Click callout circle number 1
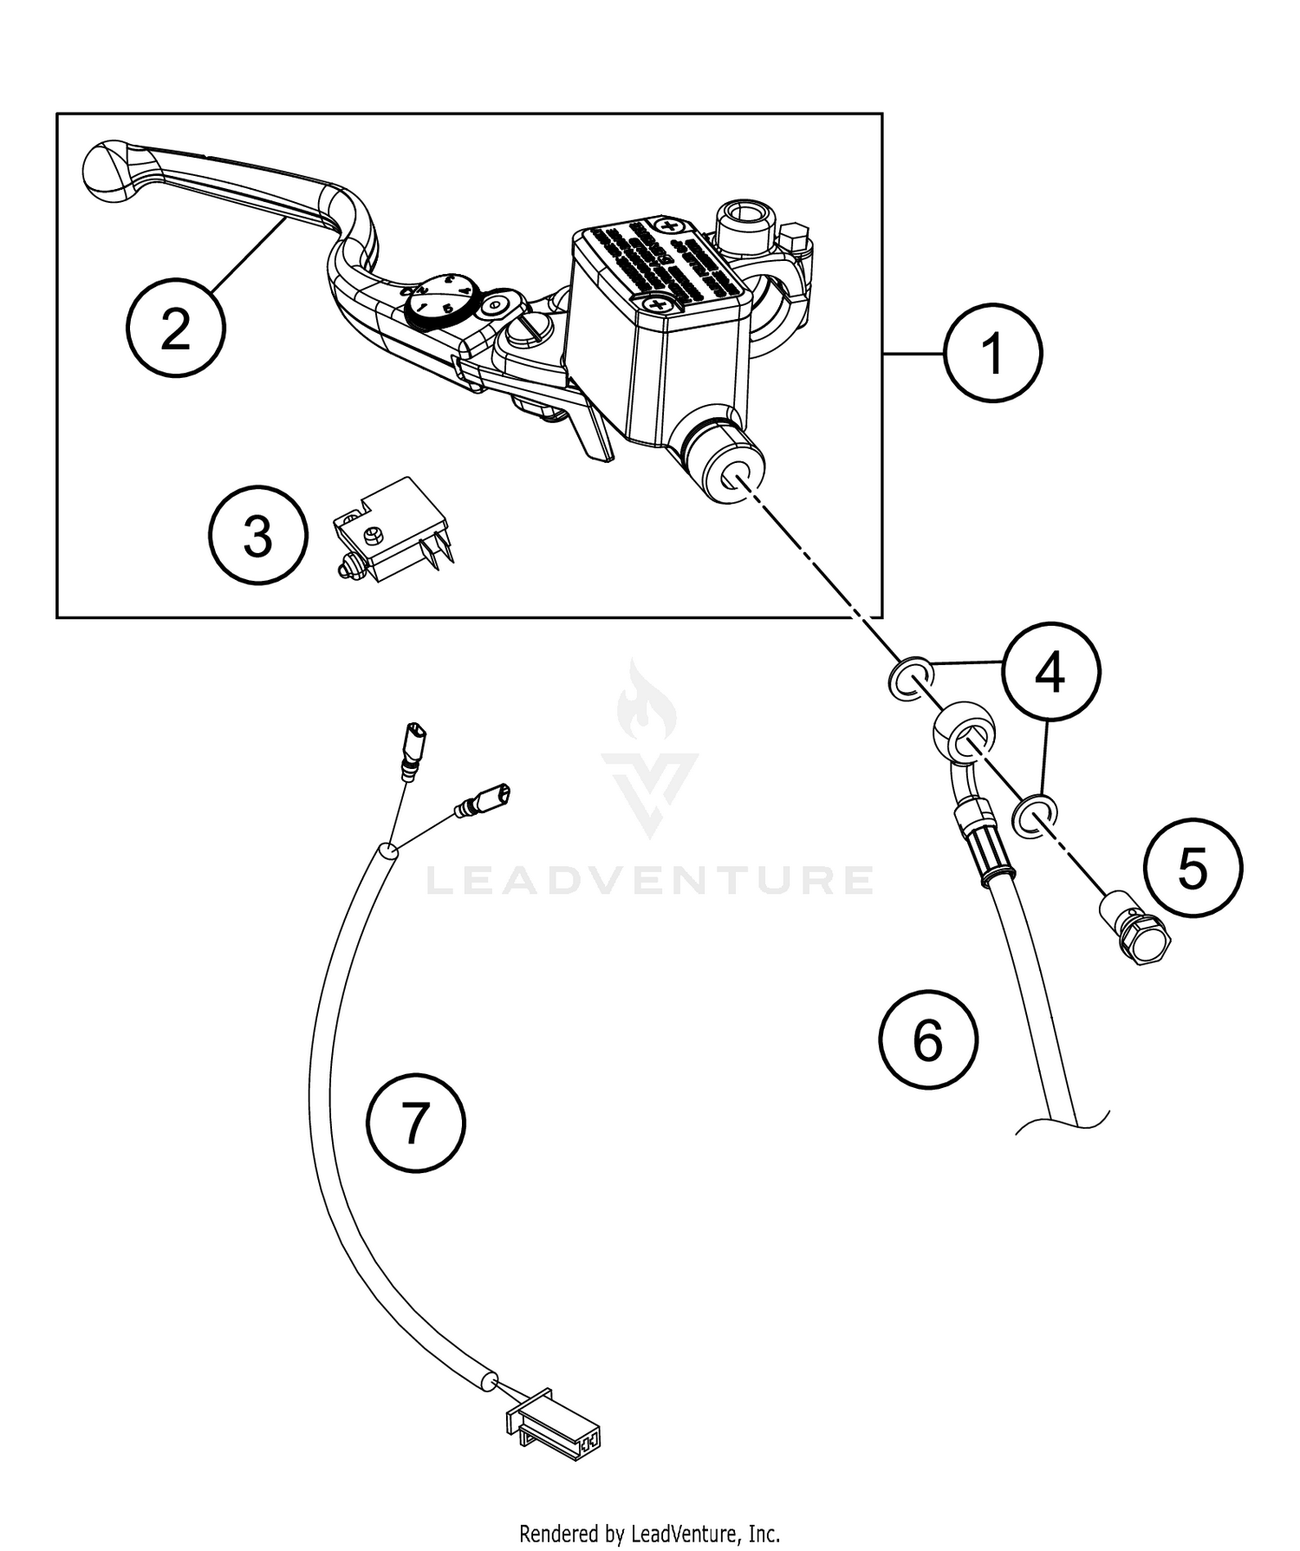pyautogui.click(x=992, y=353)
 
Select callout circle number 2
pyautogui.click(x=176, y=328)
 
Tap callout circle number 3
pyautogui.click(x=258, y=535)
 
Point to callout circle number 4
pyautogui.click(x=1050, y=670)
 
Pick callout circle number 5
pyautogui.click(x=1193, y=867)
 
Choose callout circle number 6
pyautogui.click(x=927, y=1039)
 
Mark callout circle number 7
pyautogui.click(x=416, y=1123)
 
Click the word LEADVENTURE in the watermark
pyautogui.click(x=650, y=879)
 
